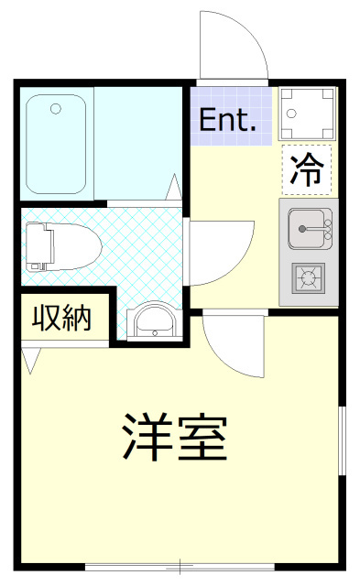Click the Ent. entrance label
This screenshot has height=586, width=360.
[228, 119]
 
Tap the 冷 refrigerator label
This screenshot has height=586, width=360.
[307, 170]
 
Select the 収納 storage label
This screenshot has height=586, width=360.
[61, 318]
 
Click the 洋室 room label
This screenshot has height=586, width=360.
[175, 437]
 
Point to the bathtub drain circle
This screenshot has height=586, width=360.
[56, 109]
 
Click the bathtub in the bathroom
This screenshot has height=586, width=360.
[56, 145]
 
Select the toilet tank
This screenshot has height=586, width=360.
[38, 246]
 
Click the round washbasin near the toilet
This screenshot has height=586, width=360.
[154, 322]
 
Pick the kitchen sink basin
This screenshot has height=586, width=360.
[306, 229]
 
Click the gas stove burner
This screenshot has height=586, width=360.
[308, 278]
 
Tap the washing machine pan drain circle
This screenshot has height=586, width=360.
[292, 114]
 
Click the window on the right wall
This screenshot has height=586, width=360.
[342, 440]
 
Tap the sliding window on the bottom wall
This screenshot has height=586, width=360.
[180, 567]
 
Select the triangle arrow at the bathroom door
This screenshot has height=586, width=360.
[174, 187]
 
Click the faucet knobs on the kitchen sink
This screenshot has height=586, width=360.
[328, 230]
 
